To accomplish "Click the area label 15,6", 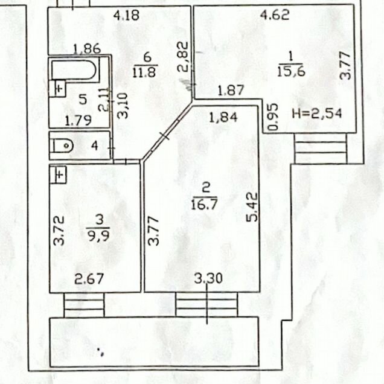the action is (x=291, y=72).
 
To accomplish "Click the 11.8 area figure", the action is (x=145, y=72).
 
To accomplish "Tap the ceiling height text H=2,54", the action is (x=317, y=114).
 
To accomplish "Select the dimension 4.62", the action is (x=275, y=15).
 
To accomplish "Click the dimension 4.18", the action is (x=127, y=15).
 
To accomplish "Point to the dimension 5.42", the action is (x=252, y=207).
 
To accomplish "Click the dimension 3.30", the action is (x=208, y=278).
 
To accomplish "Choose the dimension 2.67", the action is (x=89, y=279).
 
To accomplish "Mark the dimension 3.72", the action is (x=59, y=231).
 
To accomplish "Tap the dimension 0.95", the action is (x=273, y=117).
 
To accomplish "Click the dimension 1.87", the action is (x=231, y=90).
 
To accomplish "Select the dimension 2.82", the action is (x=183, y=57).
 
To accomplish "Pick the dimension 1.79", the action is (x=78, y=121).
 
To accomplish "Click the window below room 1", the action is (x=321, y=148).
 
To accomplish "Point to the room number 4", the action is (x=95, y=146).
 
